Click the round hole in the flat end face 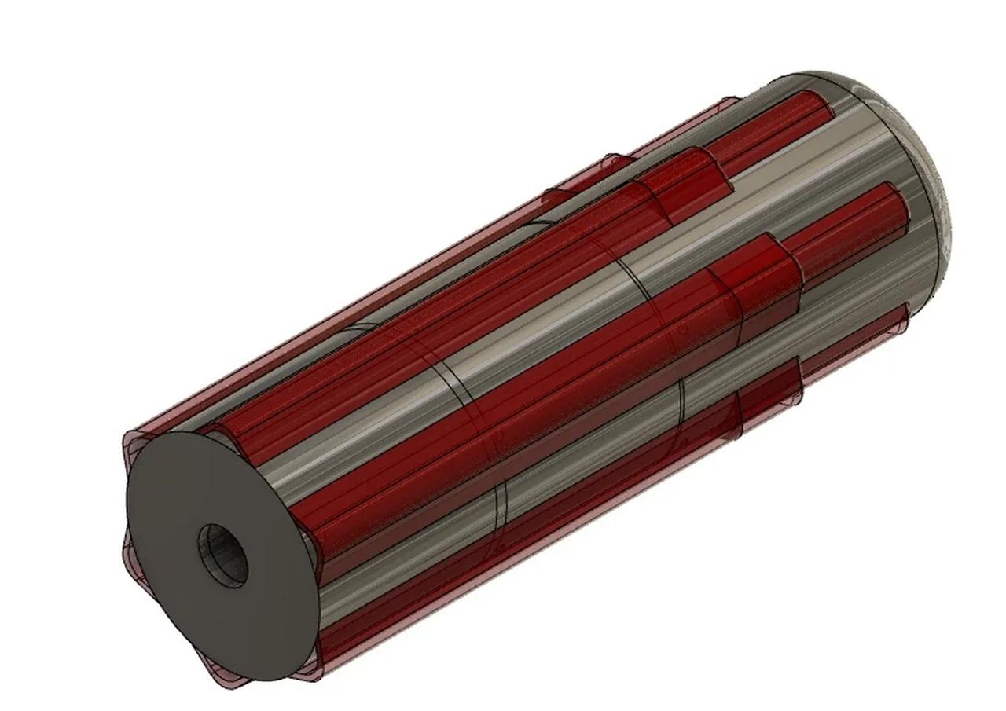222,555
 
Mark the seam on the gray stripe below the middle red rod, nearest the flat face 503,511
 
